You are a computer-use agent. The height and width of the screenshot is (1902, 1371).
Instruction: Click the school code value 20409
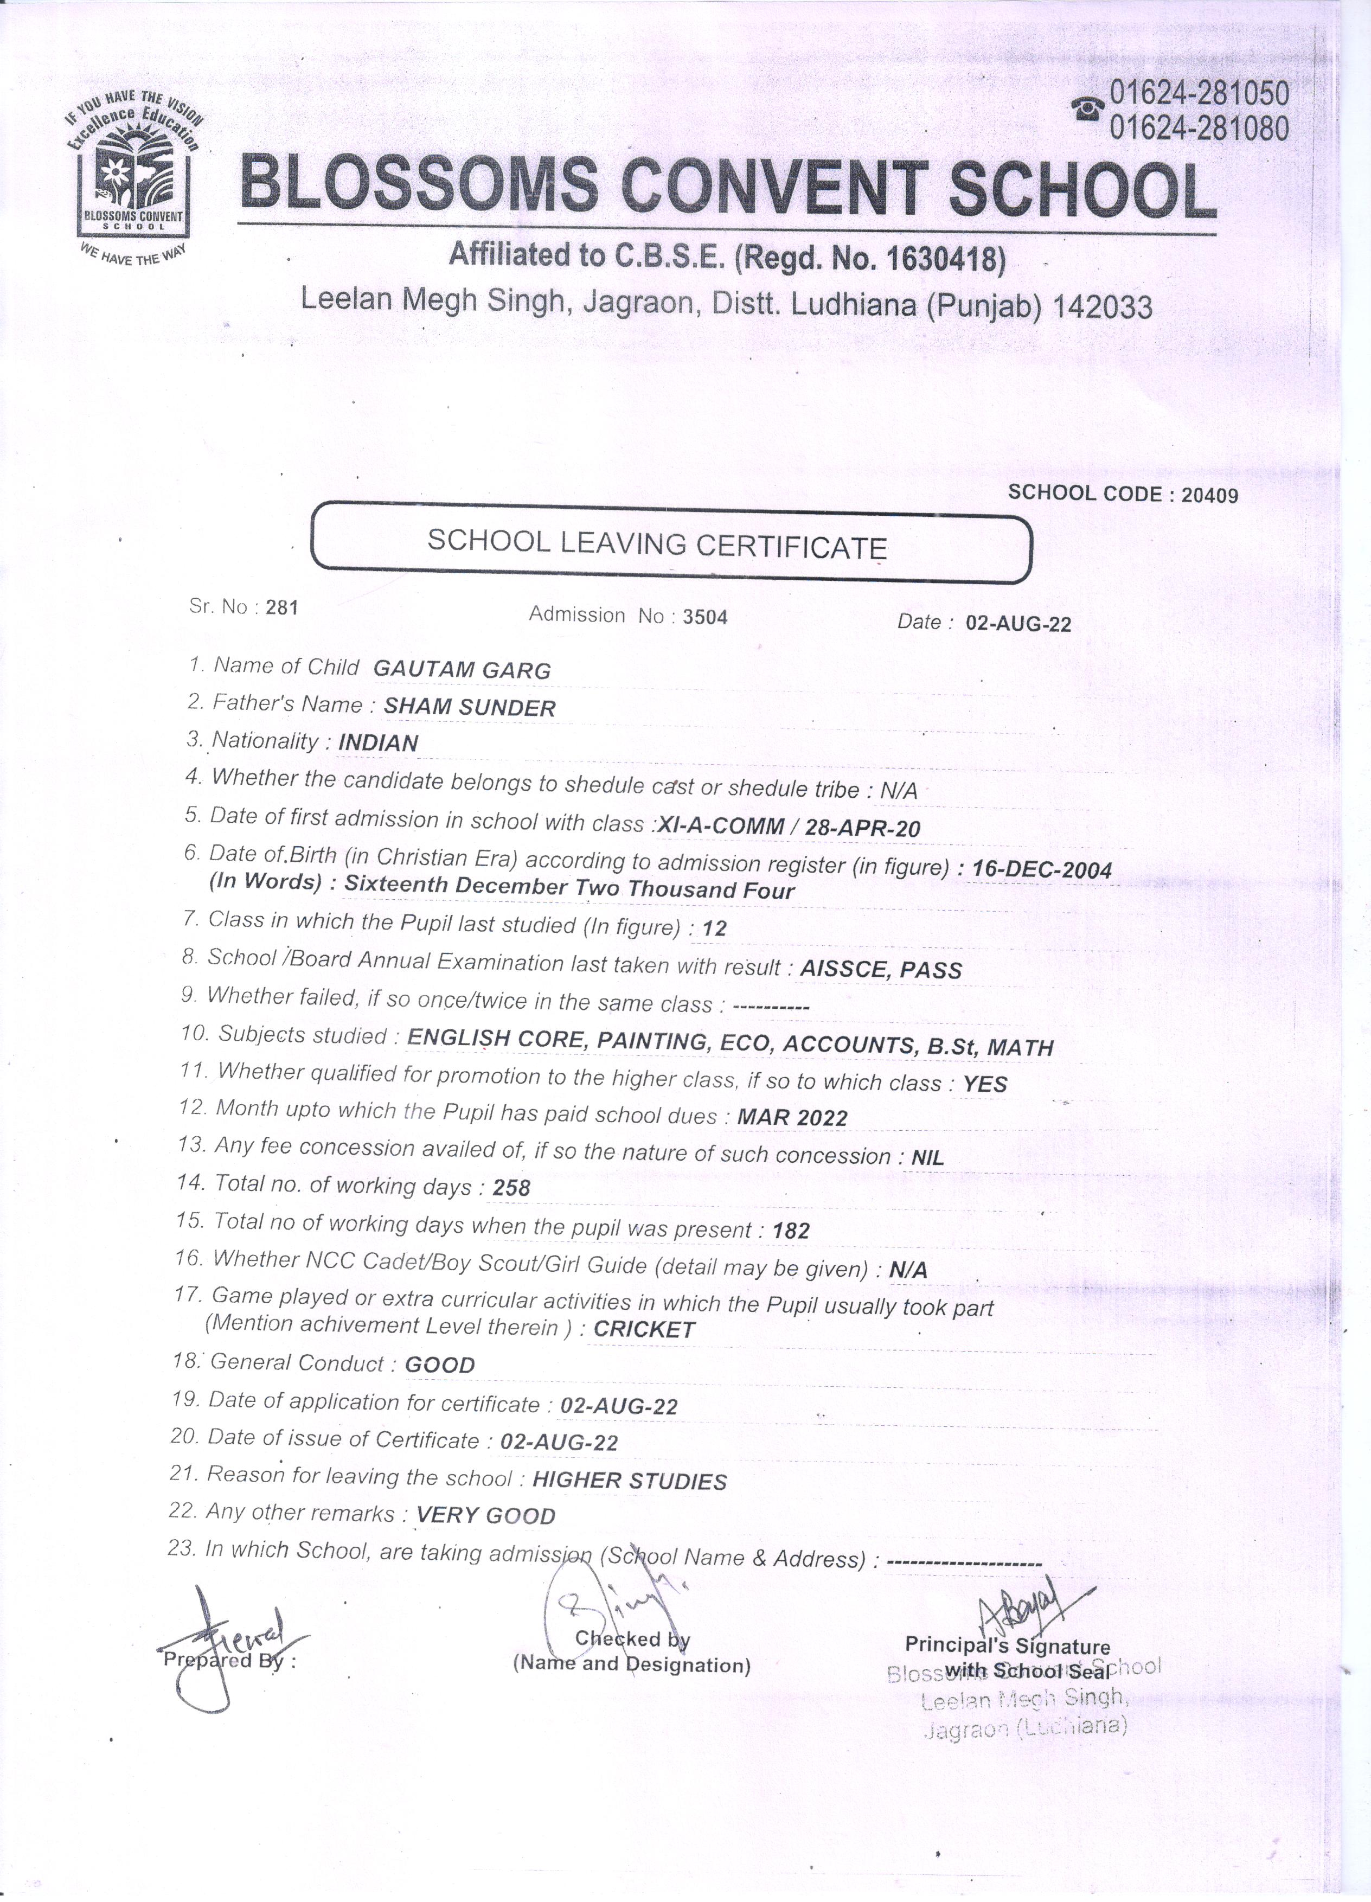(x=1209, y=495)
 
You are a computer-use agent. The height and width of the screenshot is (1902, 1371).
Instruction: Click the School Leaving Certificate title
(x=657, y=545)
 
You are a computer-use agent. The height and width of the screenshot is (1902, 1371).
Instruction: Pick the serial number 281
(x=282, y=608)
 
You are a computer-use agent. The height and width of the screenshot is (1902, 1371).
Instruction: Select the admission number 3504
(x=704, y=617)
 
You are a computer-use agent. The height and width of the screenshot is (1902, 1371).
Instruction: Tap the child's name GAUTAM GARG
(x=461, y=670)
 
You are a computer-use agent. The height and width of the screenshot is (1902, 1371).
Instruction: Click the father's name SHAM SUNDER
(x=470, y=708)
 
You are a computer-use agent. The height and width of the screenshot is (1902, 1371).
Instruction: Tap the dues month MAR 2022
(x=792, y=1118)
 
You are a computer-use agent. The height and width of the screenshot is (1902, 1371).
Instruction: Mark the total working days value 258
(x=511, y=1188)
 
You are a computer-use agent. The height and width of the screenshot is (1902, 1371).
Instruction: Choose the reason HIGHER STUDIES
(x=629, y=1482)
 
